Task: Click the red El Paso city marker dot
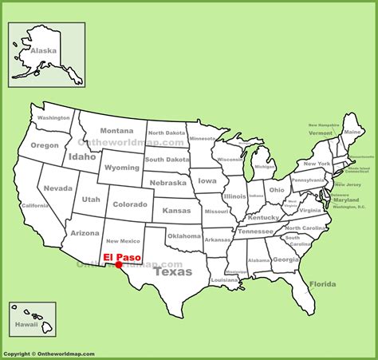click(119, 265)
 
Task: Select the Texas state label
click(172, 271)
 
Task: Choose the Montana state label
click(116, 131)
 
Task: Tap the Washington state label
click(53, 117)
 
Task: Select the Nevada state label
click(57, 188)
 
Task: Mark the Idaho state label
click(81, 156)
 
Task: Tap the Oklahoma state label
click(185, 236)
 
